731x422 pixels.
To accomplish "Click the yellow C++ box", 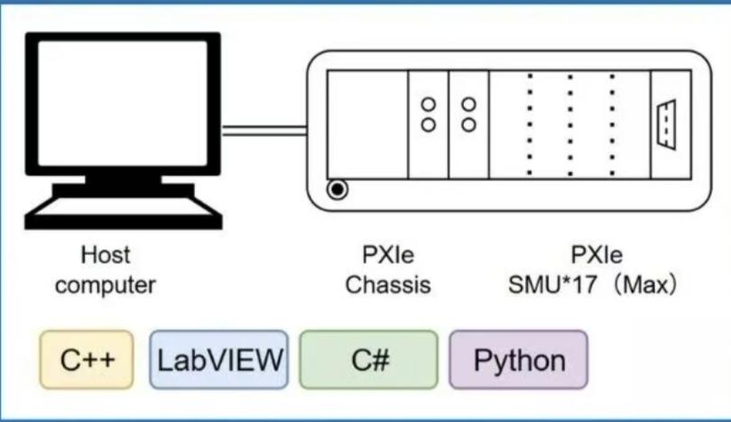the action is pos(87,360).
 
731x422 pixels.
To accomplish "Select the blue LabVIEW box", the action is pos(219,360).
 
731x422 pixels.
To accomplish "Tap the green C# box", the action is pos(369,360).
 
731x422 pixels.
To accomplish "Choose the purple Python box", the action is pos(518,360).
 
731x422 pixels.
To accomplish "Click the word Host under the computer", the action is pos(106,255).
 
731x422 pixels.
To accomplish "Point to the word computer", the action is pos(106,285).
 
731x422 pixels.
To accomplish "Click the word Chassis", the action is pos(388,285).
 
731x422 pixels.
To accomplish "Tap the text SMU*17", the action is pos(552,285).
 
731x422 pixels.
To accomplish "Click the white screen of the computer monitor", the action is pos(123,103).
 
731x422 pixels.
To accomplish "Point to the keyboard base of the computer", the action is pos(124,214).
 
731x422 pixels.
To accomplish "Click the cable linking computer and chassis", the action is pos(264,131).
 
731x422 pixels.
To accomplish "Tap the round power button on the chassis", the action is pos(337,189).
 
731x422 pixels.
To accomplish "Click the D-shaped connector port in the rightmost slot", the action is pos(666,124).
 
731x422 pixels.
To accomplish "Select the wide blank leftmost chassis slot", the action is pos(367,124).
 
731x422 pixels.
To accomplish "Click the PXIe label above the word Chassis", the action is pos(388,255).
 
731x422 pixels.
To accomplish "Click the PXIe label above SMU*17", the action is pos(597,255).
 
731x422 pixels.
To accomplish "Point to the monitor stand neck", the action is pos(124,179).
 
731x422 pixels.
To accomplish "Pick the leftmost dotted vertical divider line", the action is pos(530,124).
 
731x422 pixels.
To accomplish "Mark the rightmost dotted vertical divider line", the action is pos(612,124).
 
